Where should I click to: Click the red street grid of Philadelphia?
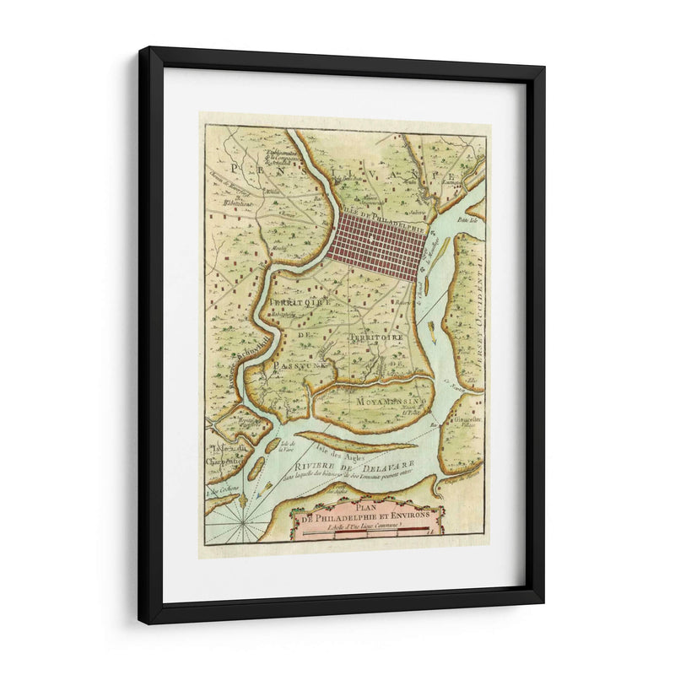coord(379,246)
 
